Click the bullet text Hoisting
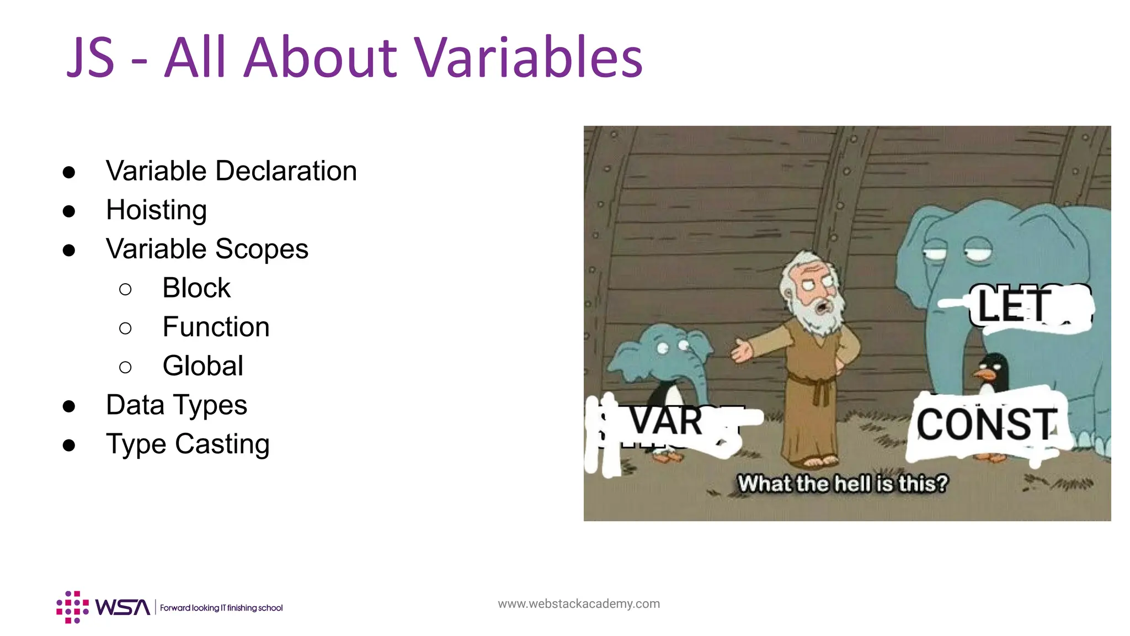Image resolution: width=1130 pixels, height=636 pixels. click(x=156, y=210)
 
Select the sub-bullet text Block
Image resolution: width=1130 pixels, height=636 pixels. click(x=196, y=288)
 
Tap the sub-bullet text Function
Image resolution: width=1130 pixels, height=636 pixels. click(x=216, y=327)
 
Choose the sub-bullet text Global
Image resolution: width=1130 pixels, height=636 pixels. click(x=202, y=366)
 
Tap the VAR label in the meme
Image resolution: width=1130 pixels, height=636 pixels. click(x=667, y=421)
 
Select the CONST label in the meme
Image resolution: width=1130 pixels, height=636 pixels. click(x=986, y=425)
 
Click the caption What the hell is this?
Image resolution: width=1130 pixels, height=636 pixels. click(x=843, y=484)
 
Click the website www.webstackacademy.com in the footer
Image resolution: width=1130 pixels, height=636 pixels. click(x=578, y=604)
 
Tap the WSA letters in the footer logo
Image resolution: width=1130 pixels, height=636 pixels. click(x=122, y=607)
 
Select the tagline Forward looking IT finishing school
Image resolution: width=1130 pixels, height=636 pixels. click(x=221, y=608)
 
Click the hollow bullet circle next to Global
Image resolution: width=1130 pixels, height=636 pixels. click(x=125, y=367)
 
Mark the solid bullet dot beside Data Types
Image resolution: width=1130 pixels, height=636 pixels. click(x=69, y=406)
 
